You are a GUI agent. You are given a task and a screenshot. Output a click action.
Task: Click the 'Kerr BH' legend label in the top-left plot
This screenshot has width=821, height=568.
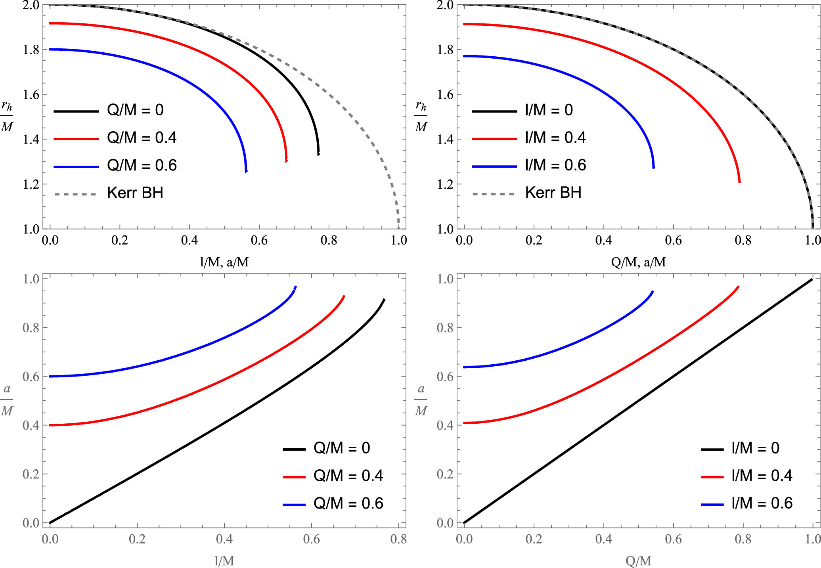[135, 193]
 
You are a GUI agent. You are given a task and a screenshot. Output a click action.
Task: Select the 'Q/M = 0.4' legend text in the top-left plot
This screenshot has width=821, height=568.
[142, 138]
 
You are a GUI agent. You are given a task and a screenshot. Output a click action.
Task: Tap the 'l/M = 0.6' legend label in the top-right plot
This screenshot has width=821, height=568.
[555, 165]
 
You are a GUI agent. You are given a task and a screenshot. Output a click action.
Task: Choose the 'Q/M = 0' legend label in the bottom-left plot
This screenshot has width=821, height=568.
[342, 448]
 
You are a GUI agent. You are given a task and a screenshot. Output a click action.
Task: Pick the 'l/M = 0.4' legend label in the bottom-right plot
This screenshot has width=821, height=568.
[762, 476]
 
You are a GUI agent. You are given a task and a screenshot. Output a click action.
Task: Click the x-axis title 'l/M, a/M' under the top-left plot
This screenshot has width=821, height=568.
[224, 262]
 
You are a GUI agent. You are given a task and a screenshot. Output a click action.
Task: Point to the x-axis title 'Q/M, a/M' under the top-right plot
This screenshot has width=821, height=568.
[638, 262]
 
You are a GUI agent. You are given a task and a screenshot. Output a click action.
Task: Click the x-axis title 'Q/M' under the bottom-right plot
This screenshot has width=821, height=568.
[638, 561]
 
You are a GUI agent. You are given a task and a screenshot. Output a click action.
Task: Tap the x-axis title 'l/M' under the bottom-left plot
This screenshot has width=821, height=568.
[224, 561]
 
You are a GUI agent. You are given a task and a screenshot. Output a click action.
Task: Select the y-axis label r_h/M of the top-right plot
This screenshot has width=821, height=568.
[421, 116]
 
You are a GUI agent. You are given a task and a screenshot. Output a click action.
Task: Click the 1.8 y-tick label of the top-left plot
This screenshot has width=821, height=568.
[31, 50]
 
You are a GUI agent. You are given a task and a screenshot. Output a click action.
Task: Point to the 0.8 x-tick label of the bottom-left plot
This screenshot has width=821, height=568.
[398, 539]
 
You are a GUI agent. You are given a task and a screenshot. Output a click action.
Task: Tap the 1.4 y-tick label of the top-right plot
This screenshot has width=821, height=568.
[445, 140]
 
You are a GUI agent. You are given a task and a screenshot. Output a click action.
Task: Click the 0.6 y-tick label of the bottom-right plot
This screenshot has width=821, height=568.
[445, 377]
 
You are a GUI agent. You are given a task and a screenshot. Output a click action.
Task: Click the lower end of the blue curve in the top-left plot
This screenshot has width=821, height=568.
[246, 171]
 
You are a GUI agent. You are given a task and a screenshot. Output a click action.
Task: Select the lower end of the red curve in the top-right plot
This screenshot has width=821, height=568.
[739, 182]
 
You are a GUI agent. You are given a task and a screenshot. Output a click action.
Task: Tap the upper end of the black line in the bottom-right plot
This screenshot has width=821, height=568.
[812, 279]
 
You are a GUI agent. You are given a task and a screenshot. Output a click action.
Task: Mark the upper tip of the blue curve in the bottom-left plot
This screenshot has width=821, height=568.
[296, 287]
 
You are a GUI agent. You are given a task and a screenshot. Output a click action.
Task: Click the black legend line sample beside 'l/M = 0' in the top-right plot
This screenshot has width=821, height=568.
[494, 111]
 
